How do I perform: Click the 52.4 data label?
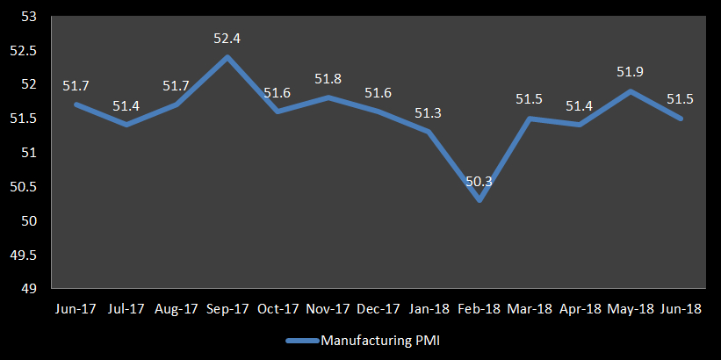click(x=227, y=39)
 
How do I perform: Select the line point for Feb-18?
click(x=479, y=200)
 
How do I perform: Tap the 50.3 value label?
click(x=479, y=182)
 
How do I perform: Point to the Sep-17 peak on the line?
click(x=227, y=57)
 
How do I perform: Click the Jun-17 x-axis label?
click(x=76, y=309)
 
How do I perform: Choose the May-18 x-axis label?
click(x=629, y=309)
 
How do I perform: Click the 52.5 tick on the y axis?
click(x=24, y=51)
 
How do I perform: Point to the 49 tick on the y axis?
click(x=28, y=289)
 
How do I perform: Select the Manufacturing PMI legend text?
click(x=379, y=341)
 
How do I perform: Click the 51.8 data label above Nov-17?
click(x=328, y=80)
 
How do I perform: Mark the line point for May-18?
click(x=630, y=91)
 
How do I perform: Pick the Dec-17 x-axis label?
click(x=379, y=309)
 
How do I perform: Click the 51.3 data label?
click(x=429, y=113)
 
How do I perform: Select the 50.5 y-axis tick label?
click(x=24, y=187)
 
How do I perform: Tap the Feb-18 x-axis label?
click(x=479, y=309)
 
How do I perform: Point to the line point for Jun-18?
click(x=680, y=119)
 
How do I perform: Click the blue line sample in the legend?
click(x=302, y=341)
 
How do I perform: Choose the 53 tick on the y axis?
click(x=28, y=17)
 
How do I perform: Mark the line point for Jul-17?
click(x=126, y=125)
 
